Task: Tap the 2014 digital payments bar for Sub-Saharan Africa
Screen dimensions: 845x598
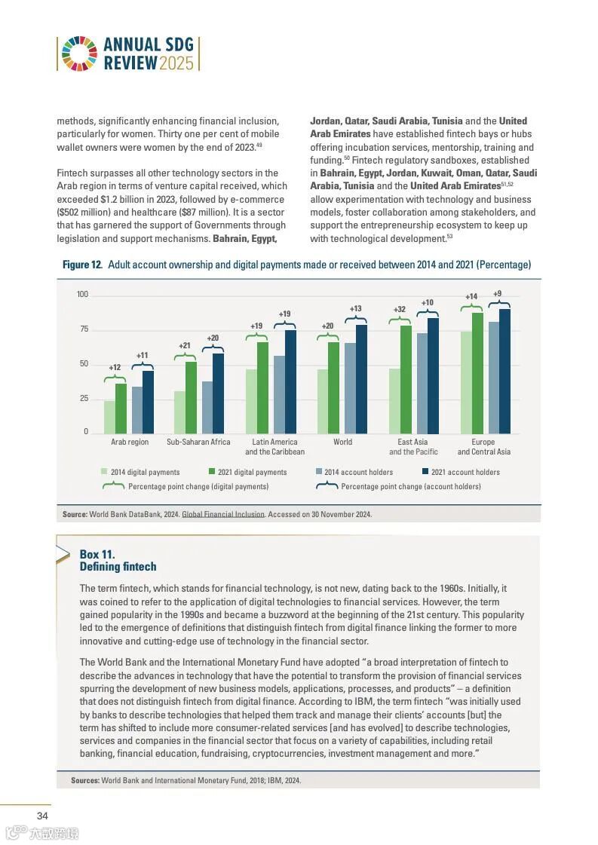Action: point(179,412)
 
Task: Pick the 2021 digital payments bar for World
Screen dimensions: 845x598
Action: point(333,387)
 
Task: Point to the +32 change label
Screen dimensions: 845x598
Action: point(400,309)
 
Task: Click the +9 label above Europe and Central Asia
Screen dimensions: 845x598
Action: point(498,293)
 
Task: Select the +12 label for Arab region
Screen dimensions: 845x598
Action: point(115,368)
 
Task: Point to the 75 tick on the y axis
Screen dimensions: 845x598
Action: point(84,329)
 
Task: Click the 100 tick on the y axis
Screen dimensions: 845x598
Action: point(82,294)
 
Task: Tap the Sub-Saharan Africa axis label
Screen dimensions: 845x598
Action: point(198,442)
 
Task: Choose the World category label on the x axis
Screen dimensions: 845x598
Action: point(342,442)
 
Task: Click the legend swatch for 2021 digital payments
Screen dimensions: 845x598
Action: point(213,472)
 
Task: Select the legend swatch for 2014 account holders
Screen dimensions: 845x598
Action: point(319,472)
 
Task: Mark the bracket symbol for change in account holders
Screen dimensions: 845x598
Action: point(327,486)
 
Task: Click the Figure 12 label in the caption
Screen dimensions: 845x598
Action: point(81,265)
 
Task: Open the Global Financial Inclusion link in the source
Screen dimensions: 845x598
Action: point(223,514)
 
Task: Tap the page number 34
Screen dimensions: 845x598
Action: point(43,816)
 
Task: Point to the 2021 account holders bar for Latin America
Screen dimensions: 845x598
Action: point(290,381)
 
